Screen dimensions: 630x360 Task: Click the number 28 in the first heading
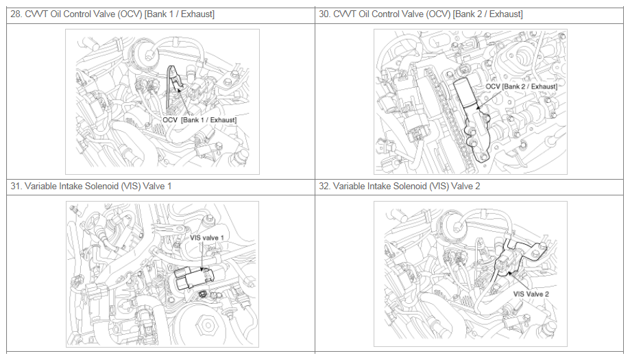(x=15, y=14)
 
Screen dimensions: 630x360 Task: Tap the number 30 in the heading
(x=324, y=14)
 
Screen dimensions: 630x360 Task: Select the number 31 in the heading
(x=15, y=186)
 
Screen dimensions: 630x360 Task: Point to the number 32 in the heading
(x=324, y=186)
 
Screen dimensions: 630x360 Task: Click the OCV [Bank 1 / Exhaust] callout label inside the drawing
(x=199, y=120)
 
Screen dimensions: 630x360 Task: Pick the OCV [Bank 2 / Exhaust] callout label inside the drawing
(x=521, y=86)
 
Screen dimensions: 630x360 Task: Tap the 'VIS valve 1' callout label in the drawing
(x=207, y=237)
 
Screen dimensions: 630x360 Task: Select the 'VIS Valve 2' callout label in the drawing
(x=531, y=294)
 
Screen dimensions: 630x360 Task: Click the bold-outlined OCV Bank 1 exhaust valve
(x=175, y=86)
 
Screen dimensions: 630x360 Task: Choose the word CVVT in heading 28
(x=36, y=14)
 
